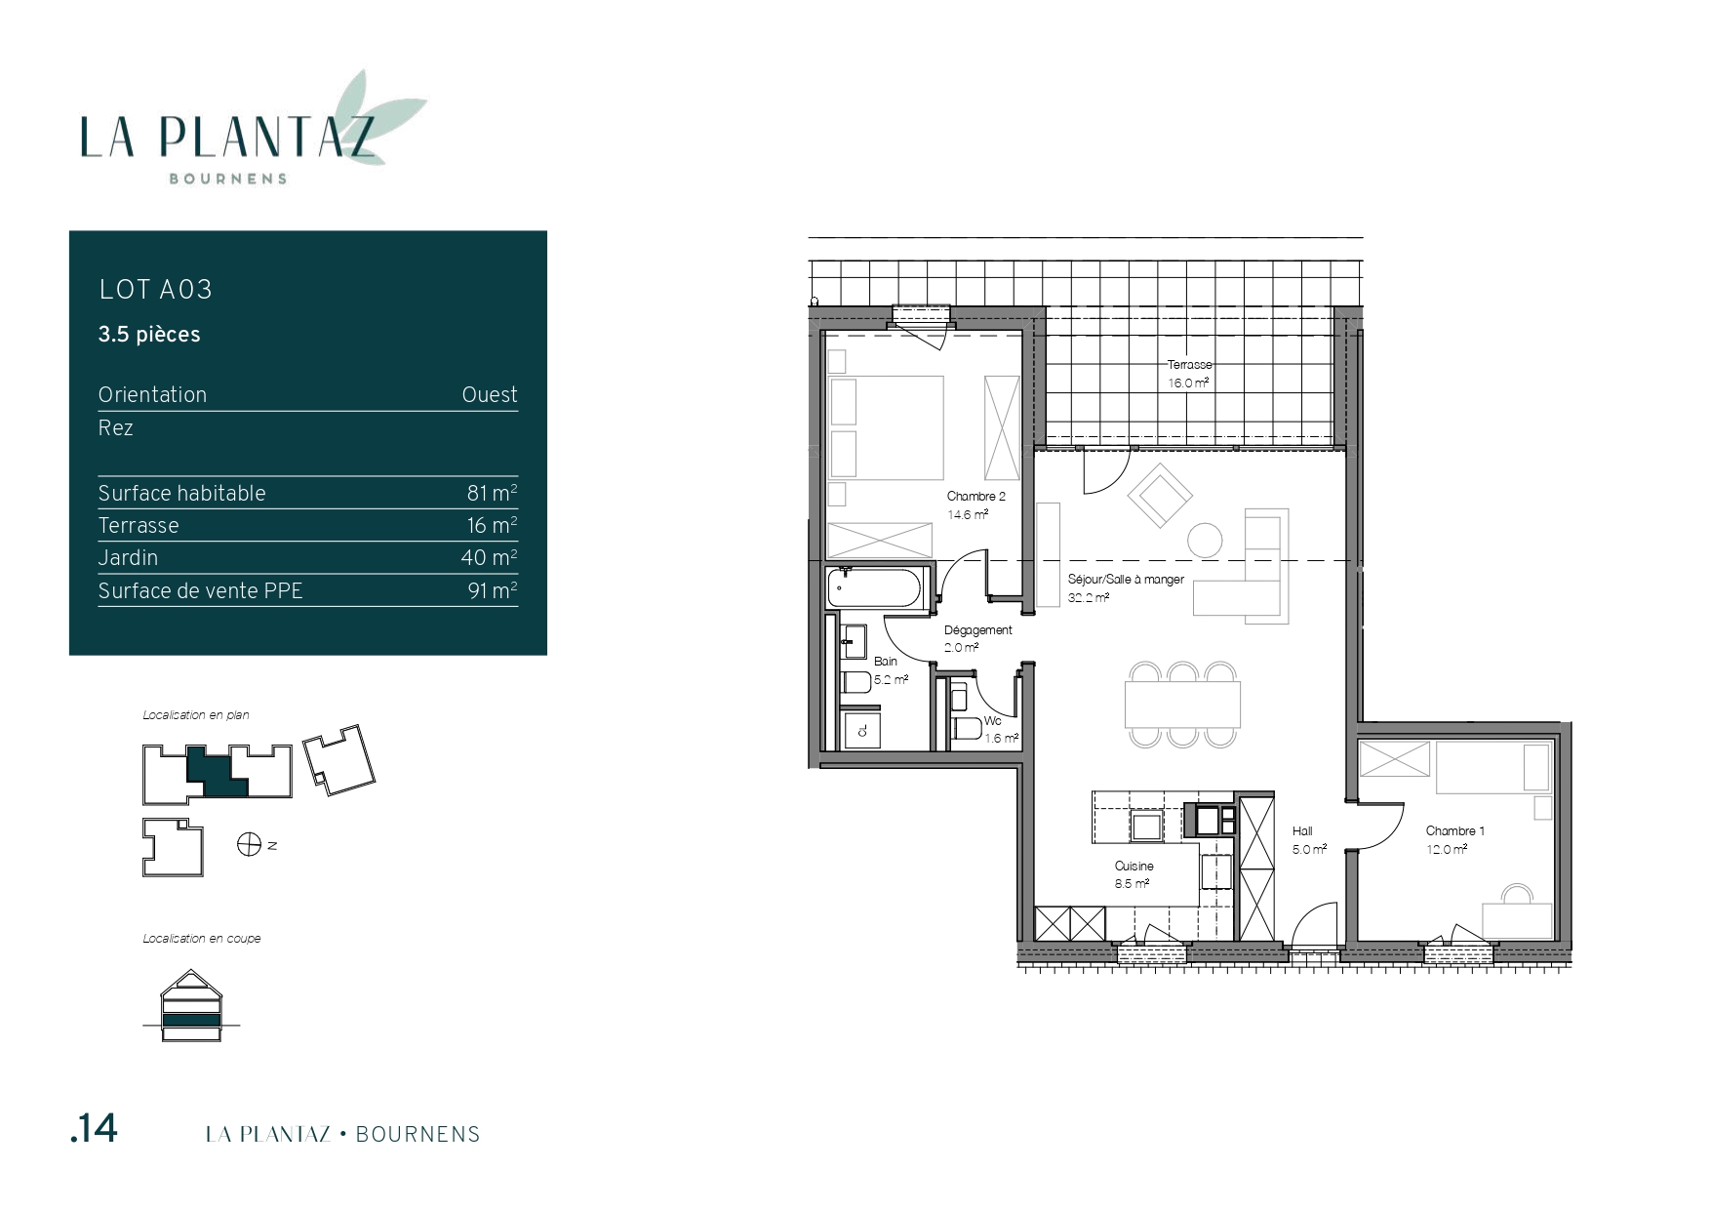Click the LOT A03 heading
coord(155,289)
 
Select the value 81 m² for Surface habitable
coord(492,493)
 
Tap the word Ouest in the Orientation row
coord(490,394)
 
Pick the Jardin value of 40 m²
coord(489,557)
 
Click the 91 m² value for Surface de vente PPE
coord(493,590)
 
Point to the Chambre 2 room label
coord(975,497)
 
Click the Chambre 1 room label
coord(1454,831)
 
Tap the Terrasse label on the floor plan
coord(1189,365)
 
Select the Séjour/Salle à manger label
coord(1126,580)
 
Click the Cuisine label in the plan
coord(1134,867)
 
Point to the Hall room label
coord(1302,831)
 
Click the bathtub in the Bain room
coord(873,589)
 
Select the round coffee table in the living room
coord(1205,540)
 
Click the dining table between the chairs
coord(1182,705)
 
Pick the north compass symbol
coord(249,844)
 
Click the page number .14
coord(94,1128)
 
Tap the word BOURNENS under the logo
coord(228,179)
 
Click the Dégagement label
coord(977,630)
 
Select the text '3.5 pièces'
coord(149,334)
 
